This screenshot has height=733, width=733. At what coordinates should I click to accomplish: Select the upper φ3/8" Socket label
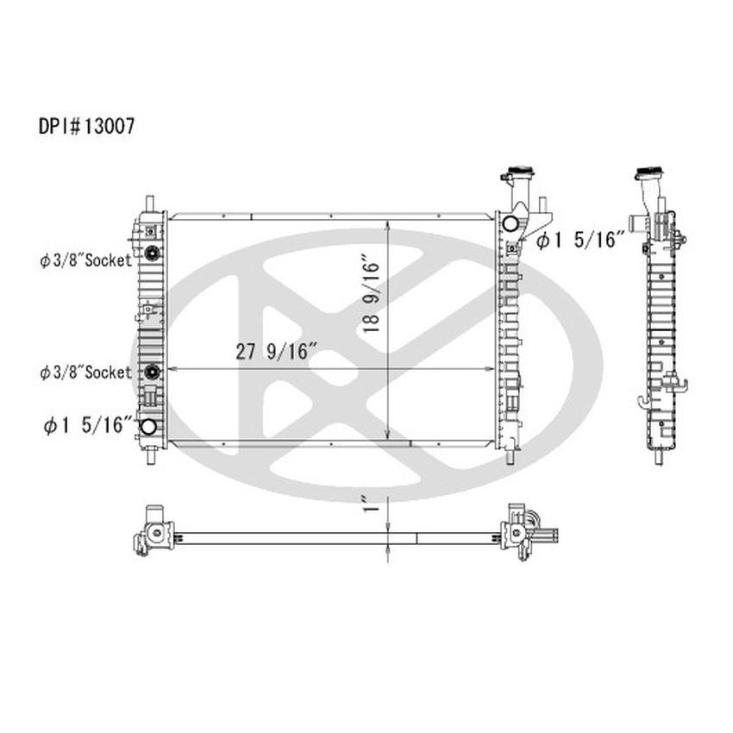pos(85,259)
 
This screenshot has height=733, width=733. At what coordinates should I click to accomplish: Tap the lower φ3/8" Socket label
pos(85,373)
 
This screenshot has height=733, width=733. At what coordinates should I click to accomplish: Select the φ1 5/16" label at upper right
pos(580,241)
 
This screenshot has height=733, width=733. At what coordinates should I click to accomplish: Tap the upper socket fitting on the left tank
pos(152,254)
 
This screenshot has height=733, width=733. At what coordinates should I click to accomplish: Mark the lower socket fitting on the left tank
pos(152,373)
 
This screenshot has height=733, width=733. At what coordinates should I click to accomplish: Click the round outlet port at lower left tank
pos(148,427)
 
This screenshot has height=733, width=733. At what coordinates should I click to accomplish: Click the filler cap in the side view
pos(648,173)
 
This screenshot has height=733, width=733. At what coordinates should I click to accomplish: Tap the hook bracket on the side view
pos(642,400)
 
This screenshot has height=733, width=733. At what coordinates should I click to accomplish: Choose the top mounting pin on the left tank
pos(151,204)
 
